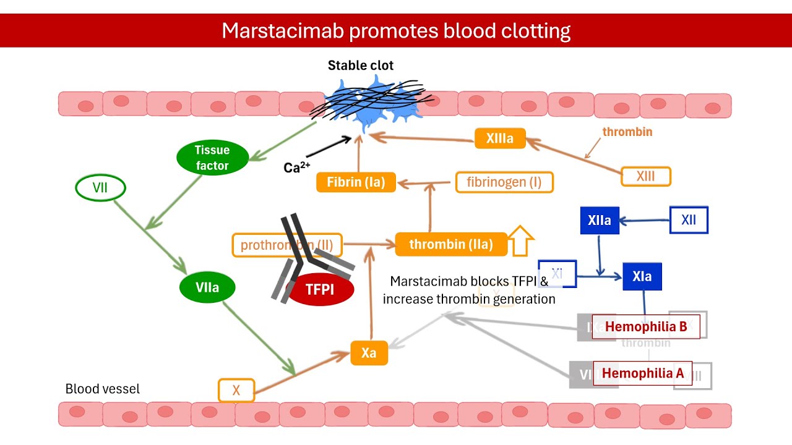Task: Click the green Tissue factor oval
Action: (212, 158)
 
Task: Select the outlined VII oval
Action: (100, 188)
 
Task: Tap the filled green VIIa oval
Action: (207, 288)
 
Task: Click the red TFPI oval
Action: (321, 289)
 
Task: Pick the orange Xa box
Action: (369, 353)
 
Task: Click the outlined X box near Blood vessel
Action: (236, 391)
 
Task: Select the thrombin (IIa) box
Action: (451, 244)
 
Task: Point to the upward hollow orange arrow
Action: (520, 241)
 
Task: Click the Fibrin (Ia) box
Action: (356, 182)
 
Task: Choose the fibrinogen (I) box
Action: (504, 182)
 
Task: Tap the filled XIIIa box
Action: (500, 138)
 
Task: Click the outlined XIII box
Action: (645, 177)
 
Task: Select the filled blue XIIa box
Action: (600, 221)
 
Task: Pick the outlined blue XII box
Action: (689, 221)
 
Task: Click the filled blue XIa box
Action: (642, 276)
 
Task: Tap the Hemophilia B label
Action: (645, 327)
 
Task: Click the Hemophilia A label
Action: (642, 373)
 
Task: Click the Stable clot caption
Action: (360, 66)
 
